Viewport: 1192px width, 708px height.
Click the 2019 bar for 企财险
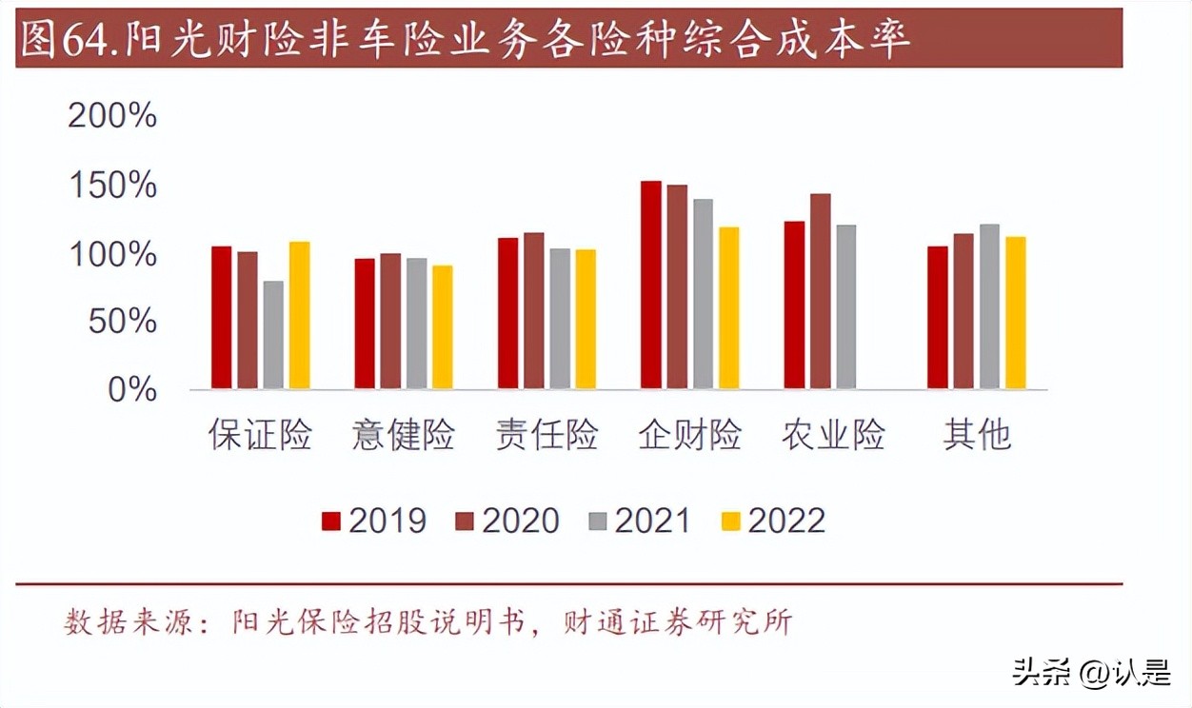coord(650,285)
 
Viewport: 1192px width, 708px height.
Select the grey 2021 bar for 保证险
coord(273,335)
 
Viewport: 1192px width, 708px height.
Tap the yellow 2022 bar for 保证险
coord(300,315)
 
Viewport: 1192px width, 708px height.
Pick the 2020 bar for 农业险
coord(820,291)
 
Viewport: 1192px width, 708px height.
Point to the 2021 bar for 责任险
coord(560,319)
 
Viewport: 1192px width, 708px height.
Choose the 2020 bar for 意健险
coord(390,321)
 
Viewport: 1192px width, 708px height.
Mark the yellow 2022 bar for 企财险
coord(728,307)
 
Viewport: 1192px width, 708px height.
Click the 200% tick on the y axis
coord(112,117)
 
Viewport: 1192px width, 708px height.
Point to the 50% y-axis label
coord(123,322)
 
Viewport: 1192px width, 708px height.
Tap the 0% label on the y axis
coord(131,389)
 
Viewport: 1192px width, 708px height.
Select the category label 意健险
coord(404,435)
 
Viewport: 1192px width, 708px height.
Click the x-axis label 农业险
coord(833,435)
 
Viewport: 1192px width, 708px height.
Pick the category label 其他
coord(976,435)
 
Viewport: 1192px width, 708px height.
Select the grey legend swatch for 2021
coord(598,521)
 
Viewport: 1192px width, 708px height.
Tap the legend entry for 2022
coord(772,521)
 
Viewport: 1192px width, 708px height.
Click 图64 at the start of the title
coord(57,41)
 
